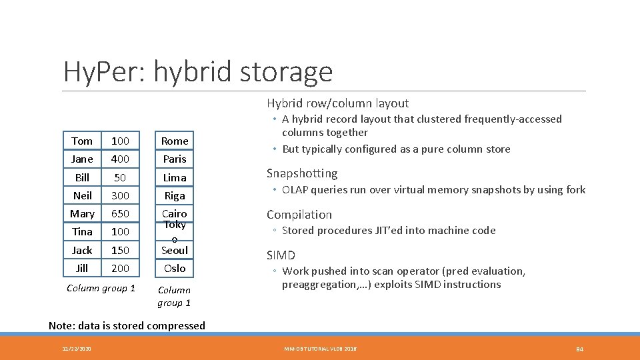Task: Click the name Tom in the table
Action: [82, 141]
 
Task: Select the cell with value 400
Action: [120, 159]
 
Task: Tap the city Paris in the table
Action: [175, 159]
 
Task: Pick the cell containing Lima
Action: [175, 177]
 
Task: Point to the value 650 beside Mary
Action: [120, 213]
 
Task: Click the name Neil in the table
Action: [82, 195]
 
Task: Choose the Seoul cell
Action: [175, 250]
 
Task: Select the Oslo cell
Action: [175, 268]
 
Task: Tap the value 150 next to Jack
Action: [120, 250]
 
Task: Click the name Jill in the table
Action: [82, 268]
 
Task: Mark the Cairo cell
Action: [175, 213]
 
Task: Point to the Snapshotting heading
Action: [302, 173]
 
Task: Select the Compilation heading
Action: [299, 215]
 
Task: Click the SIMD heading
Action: [281, 255]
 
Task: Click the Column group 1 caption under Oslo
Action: [174, 296]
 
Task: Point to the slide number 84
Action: [579, 349]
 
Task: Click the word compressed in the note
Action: [178, 326]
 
